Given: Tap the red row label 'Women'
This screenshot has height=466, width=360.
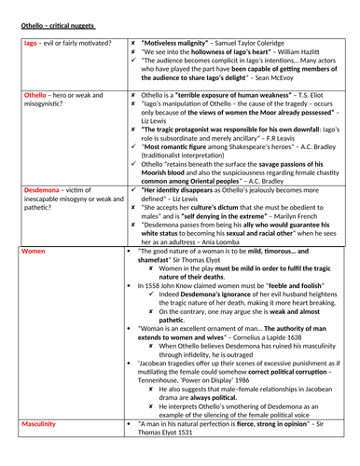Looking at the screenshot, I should tap(34, 251).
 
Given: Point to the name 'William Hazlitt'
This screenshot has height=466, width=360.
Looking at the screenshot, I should tap(304, 54).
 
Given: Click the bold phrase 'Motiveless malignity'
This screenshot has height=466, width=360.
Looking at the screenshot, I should tap(181, 43).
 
